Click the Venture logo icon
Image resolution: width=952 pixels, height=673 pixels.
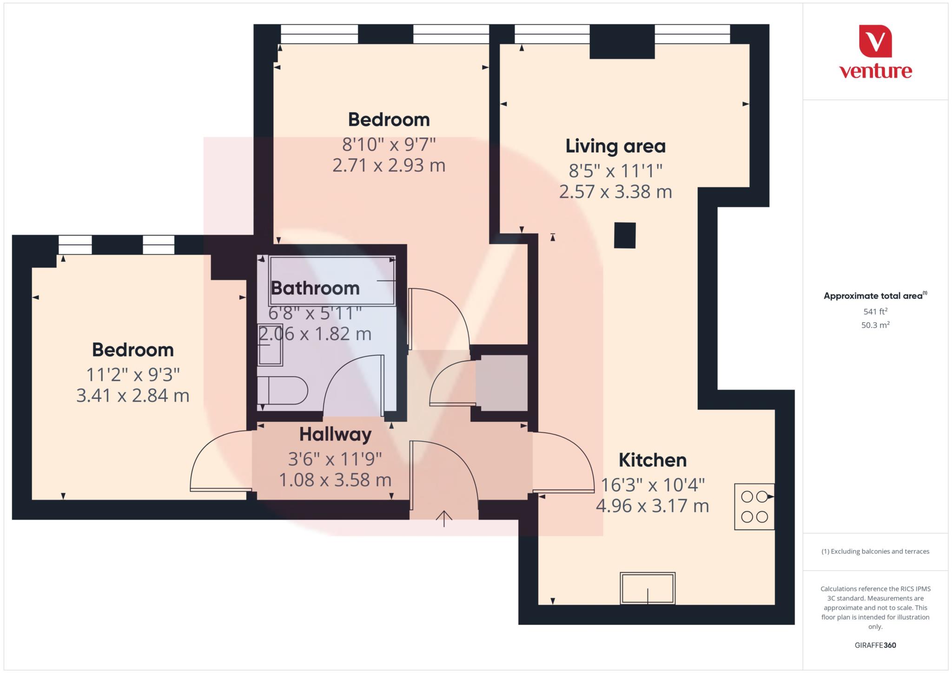click(x=875, y=41)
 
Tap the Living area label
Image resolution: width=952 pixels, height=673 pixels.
click(x=615, y=146)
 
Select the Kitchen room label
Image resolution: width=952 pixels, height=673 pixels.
click(x=652, y=460)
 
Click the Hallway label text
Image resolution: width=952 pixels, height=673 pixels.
click(x=335, y=434)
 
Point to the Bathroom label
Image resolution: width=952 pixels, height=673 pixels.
click(x=315, y=288)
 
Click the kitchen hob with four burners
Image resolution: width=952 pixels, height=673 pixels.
click(x=754, y=507)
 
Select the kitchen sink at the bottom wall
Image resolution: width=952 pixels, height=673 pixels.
click(x=648, y=588)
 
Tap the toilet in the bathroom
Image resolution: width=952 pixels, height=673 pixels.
click(x=283, y=391)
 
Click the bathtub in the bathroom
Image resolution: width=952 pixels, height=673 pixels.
click(x=332, y=281)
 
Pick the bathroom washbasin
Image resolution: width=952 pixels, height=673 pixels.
click(x=270, y=344)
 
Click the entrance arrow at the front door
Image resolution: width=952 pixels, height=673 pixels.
click(x=444, y=518)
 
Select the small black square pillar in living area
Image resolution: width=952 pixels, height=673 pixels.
click(x=624, y=235)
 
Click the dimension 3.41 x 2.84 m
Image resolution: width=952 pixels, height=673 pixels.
click(x=133, y=396)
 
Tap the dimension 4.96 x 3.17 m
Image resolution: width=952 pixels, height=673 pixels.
click(x=652, y=506)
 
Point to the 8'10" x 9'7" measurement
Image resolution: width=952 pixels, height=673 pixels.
click(x=389, y=145)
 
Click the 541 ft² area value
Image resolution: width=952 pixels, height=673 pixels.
click(x=875, y=311)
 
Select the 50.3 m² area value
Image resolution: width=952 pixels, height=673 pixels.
click(x=875, y=325)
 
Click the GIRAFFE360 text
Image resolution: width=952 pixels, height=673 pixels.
click(x=875, y=645)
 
